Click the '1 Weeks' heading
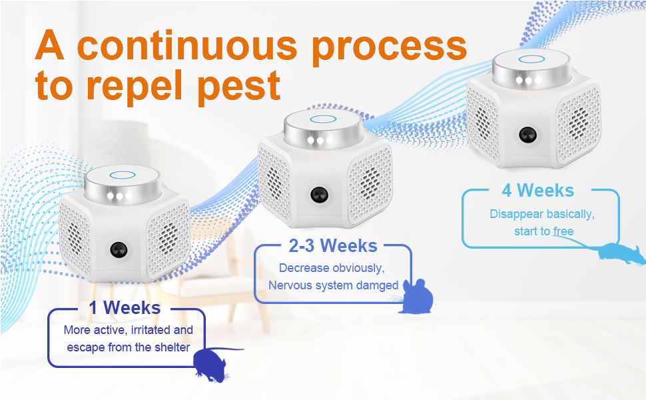(x=125, y=307)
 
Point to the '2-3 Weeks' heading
(x=333, y=246)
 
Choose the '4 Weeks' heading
(x=537, y=191)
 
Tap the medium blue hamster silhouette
(x=417, y=297)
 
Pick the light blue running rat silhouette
(x=620, y=253)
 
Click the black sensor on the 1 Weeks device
(x=119, y=250)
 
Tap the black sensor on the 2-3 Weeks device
(x=319, y=194)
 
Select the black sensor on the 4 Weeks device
(x=527, y=135)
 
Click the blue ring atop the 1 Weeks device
(x=123, y=175)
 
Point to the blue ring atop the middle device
(x=324, y=119)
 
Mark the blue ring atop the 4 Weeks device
(x=531, y=59)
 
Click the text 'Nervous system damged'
(x=333, y=285)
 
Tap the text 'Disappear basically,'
(x=542, y=215)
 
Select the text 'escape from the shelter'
(x=128, y=347)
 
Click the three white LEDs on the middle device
(x=320, y=140)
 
